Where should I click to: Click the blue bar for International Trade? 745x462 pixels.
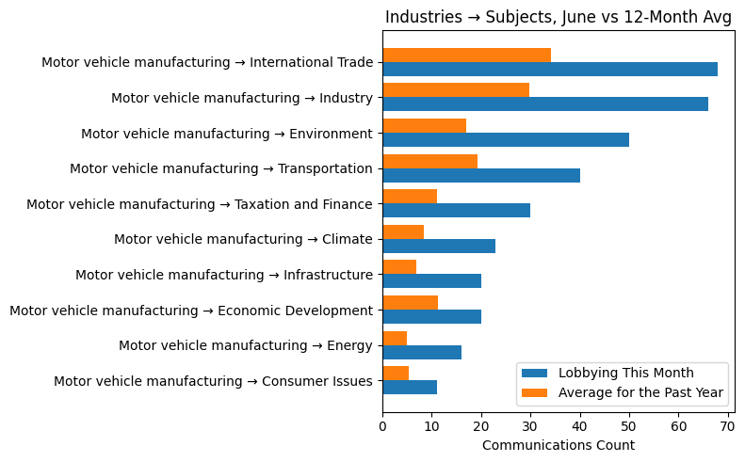[x=550, y=69]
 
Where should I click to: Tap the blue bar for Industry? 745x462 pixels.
[x=545, y=104]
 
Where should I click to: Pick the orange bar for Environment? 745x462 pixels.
[x=424, y=126]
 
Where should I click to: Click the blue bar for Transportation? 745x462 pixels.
[x=481, y=175]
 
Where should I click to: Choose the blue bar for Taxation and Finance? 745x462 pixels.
[x=457, y=211]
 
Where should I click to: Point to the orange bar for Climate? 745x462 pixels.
[x=403, y=232]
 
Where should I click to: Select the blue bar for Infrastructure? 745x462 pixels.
[x=432, y=281]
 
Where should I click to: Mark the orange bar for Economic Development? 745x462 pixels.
[x=410, y=303]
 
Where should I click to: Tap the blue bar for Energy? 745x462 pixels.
[x=422, y=352]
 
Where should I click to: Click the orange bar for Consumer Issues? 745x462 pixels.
[x=396, y=374]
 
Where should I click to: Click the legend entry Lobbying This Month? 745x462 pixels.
[x=625, y=372]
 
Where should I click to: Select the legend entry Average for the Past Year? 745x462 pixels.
[x=640, y=392]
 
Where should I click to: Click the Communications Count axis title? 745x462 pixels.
[x=558, y=445]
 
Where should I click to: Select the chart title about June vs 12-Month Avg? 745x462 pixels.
[x=558, y=17]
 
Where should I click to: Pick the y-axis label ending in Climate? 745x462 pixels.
[x=243, y=239]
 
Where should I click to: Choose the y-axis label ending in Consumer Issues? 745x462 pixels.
[x=213, y=381]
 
